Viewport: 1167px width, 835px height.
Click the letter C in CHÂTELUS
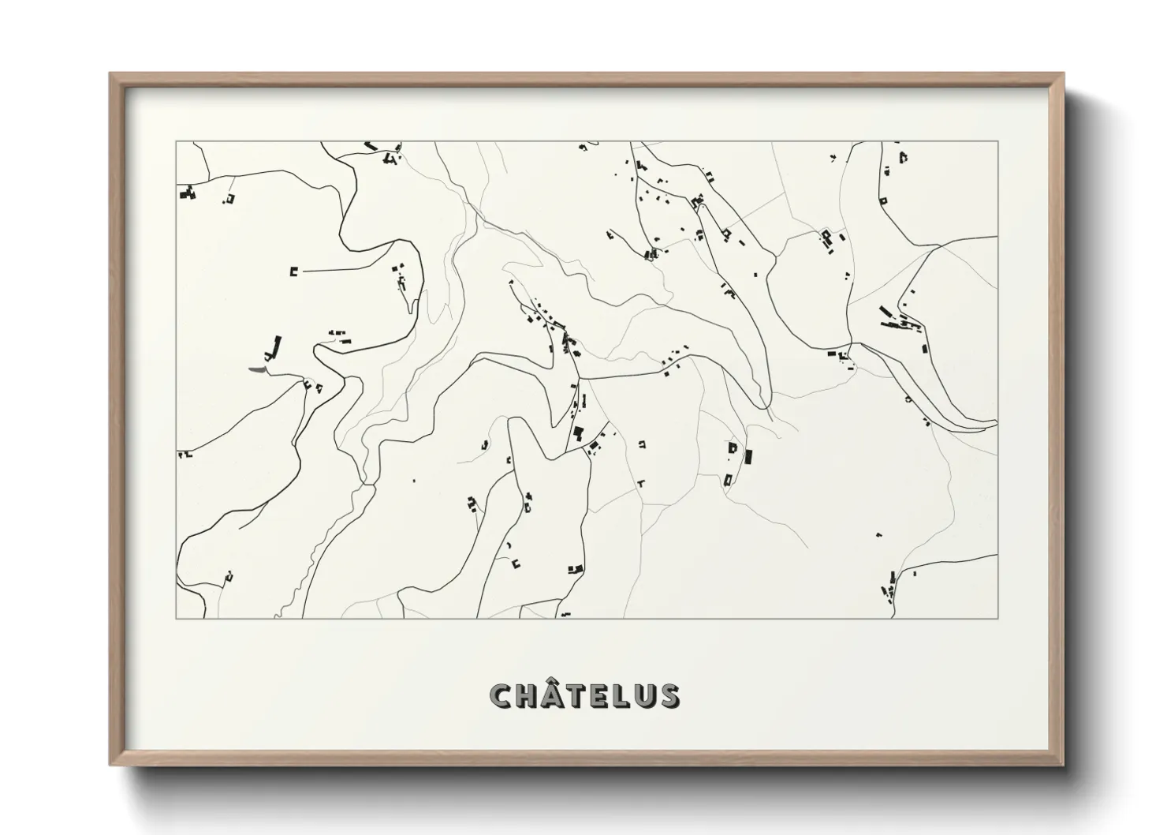pyautogui.click(x=501, y=696)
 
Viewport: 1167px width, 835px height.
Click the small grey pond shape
pyautogui.click(x=258, y=369)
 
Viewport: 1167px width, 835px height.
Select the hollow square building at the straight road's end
pyautogui.click(x=294, y=271)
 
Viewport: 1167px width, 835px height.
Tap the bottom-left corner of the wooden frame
pyautogui.click(x=110, y=765)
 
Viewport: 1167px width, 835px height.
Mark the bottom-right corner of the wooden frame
pyautogui.click(x=1063, y=765)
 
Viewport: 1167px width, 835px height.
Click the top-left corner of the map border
pyautogui.click(x=176, y=142)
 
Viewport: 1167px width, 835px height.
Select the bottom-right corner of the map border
pyautogui.click(x=998, y=618)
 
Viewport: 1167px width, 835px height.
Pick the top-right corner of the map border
pyautogui.click(x=998, y=142)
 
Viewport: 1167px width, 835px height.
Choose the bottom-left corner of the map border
pyautogui.click(x=176, y=618)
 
